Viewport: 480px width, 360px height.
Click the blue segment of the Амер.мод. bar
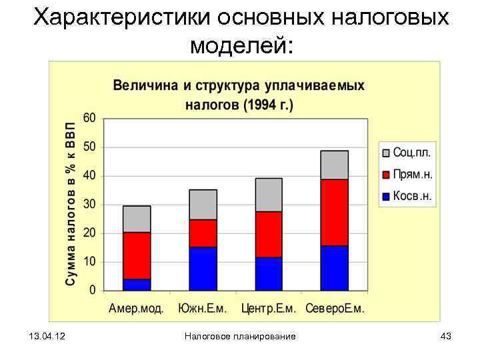[x=137, y=285]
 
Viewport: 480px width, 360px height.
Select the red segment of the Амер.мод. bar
[x=137, y=255]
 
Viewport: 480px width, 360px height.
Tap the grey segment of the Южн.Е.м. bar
[x=203, y=205]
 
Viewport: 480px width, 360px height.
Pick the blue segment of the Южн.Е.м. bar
[x=203, y=269]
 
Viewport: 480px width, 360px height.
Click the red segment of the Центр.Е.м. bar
[x=269, y=234]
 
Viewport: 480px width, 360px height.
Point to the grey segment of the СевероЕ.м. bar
[x=334, y=165]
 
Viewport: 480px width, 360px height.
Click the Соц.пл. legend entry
[x=406, y=152]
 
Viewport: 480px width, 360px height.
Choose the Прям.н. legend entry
[x=406, y=174]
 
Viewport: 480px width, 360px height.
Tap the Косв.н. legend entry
[x=406, y=196]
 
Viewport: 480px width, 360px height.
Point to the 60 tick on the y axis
[x=89, y=117]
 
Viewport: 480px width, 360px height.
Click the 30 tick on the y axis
[x=89, y=204]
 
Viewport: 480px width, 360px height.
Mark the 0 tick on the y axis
[x=93, y=291]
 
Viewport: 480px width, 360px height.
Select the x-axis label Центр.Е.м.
[x=269, y=309]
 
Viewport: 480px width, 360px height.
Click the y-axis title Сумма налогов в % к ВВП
[x=69, y=204]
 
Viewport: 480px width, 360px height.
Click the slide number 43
[x=446, y=337]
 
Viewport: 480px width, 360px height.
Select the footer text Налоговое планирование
[x=240, y=337]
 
